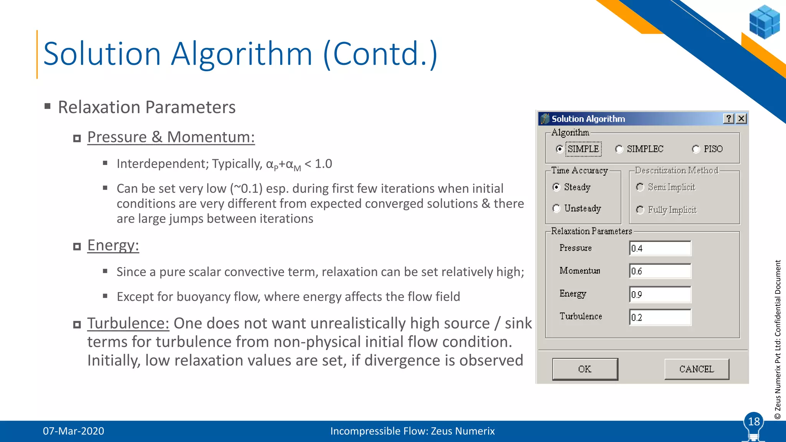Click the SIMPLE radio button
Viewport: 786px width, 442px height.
click(560, 149)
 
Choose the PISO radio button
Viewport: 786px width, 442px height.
click(696, 149)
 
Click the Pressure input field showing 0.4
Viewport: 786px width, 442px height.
click(660, 248)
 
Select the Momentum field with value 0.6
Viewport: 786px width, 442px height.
click(660, 271)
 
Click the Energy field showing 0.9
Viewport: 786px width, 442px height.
click(660, 294)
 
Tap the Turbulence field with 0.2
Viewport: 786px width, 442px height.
click(660, 317)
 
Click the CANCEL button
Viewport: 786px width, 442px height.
click(697, 369)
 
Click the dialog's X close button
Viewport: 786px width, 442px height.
click(741, 119)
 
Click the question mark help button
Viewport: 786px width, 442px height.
click(728, 119)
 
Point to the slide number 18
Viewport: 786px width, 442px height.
click(754, 422)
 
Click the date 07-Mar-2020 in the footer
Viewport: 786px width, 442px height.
click(73, 431)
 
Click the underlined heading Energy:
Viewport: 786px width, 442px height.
click(113, 245)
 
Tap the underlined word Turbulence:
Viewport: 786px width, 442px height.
click(128, 323)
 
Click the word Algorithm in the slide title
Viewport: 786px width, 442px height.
click(241, 54)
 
